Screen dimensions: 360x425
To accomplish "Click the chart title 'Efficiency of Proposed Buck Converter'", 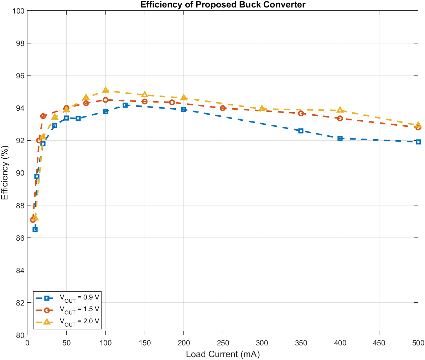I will pos(223,5).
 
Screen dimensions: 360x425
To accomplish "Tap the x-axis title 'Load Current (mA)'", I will pos(223,354).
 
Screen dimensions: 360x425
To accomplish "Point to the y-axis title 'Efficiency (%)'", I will pos(5,173).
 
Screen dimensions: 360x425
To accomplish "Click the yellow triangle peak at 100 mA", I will pos(105,90).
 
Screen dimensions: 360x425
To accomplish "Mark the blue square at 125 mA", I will pos(125,105).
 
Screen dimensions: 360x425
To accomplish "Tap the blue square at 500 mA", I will pos(418,142).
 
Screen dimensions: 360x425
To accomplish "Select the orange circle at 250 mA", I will pos(223,108).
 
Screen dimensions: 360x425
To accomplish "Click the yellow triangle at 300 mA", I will pos(262,108).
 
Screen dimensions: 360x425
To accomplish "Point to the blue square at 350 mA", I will pos(301,131).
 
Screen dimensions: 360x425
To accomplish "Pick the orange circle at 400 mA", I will pos(340,118).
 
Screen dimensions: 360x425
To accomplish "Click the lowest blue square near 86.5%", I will pos(35,229).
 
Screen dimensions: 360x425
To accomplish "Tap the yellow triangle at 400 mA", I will pos(340,110).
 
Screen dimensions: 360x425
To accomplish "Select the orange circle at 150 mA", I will pos(145,101).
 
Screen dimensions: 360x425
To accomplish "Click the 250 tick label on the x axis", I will pos(223,343).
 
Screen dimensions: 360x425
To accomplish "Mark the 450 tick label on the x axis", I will pos(379,343).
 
